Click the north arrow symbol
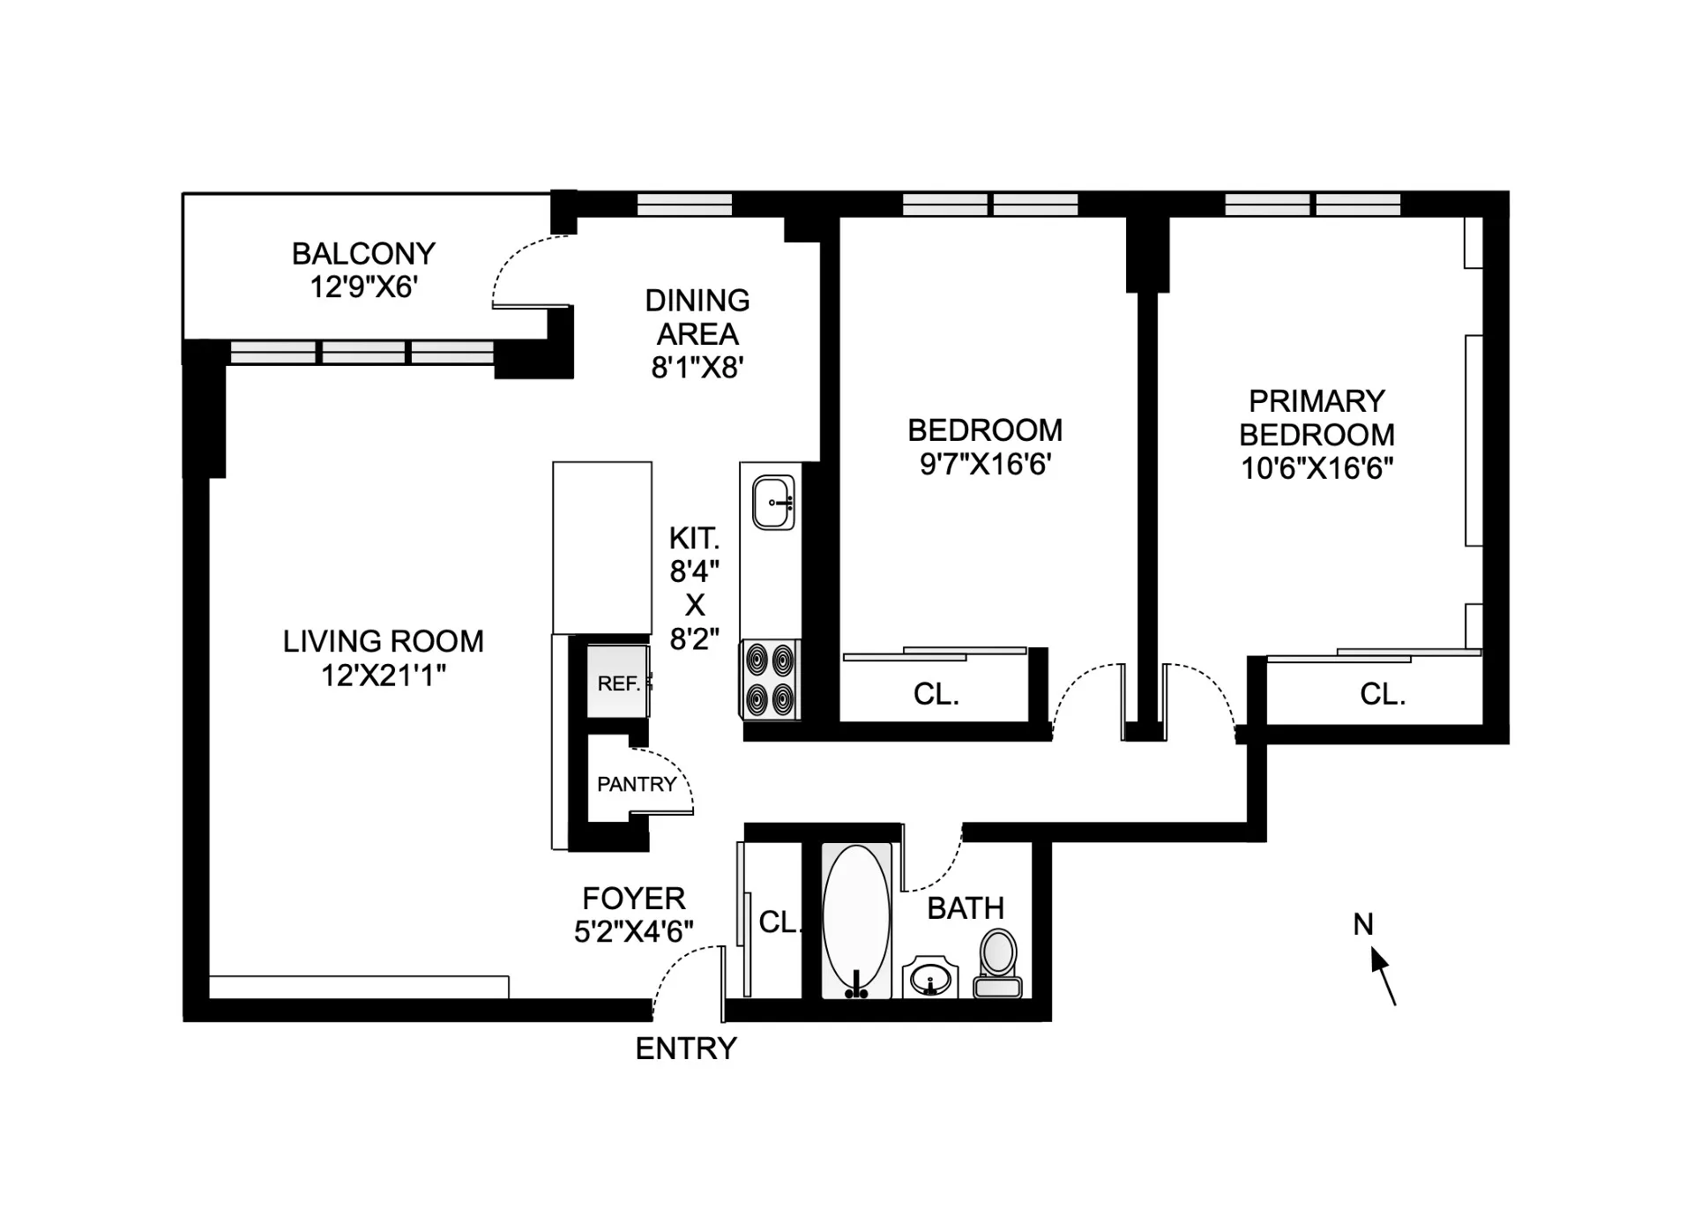click(x=1383, y=975)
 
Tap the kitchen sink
click(x=773, y=503)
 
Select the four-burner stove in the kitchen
click(x=770, y=679)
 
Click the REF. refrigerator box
click(x=618, y=683)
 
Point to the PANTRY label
click(x=637, y=784)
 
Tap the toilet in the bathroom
click(x=997, y=964)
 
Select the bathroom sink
click(x=930, y=978)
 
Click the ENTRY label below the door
click(x=686, y=1049)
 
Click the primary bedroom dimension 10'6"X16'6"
click(x=1316, y=468)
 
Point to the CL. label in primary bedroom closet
click(x=1382, y=695)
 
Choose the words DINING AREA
click(x=697, y=317)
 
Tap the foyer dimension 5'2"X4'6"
click(x=633, y=931)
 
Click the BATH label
click(x=966, y=908)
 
